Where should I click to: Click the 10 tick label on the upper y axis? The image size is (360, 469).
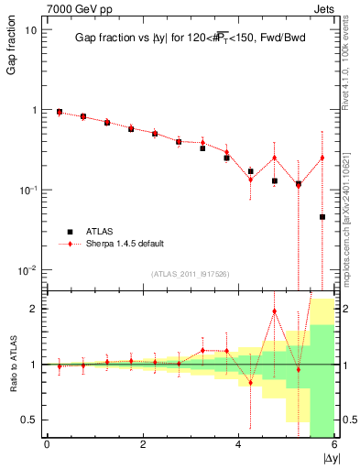tap(31, 29)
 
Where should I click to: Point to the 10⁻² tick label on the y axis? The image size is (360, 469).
tap(27, 270)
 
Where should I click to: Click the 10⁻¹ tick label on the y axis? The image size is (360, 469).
tap(27, 190)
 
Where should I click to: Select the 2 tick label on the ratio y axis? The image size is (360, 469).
tap(34, 309)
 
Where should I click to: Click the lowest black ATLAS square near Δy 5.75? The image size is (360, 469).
tap(322, 217)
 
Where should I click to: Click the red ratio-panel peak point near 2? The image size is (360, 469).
tap(275, 311)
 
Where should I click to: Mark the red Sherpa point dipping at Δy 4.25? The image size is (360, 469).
tap(251, 180)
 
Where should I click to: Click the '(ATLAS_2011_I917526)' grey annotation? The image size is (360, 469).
tap(191, 273)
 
